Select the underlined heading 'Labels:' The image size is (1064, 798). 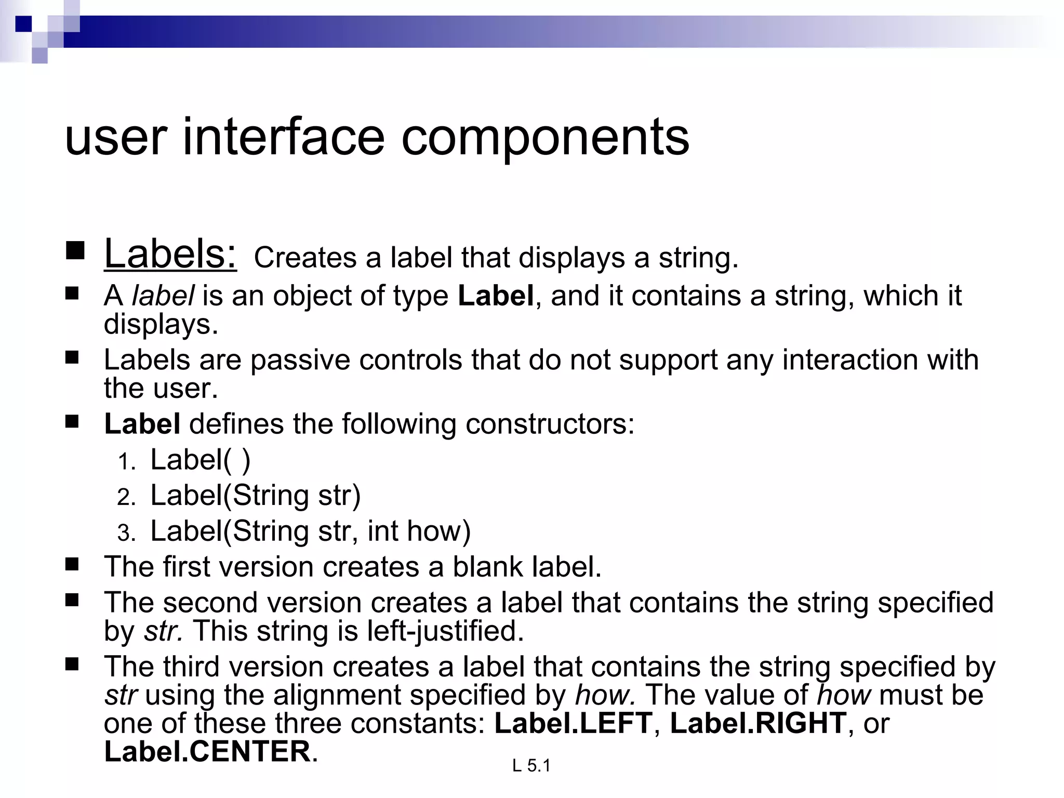tap(170, 254)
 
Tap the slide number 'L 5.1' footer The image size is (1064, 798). tap(531, 765)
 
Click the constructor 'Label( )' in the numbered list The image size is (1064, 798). tap(200, 460)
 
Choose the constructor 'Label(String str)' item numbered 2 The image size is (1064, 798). tap(255, 495)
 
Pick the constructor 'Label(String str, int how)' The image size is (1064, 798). tap(310, 531)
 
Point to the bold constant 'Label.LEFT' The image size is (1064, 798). tap(573, 723)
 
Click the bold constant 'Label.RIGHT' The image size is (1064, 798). tap(759, 723)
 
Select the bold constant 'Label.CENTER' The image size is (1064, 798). tap(207, 751)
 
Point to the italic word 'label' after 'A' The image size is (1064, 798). tap(163, 296)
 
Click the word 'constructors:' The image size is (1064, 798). tap(550, 424)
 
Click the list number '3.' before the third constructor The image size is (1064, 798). tap(126, 533)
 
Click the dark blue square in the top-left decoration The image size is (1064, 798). tap(24, 24)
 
